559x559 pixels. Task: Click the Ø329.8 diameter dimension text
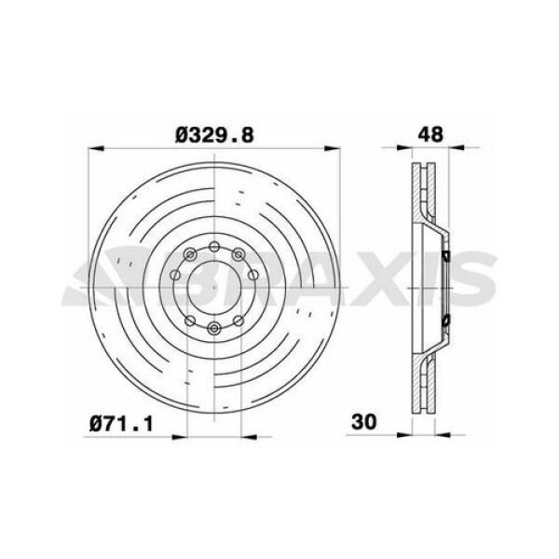[215, 133]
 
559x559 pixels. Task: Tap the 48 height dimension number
[429, 133]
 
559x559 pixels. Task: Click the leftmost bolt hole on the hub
[176, 276]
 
